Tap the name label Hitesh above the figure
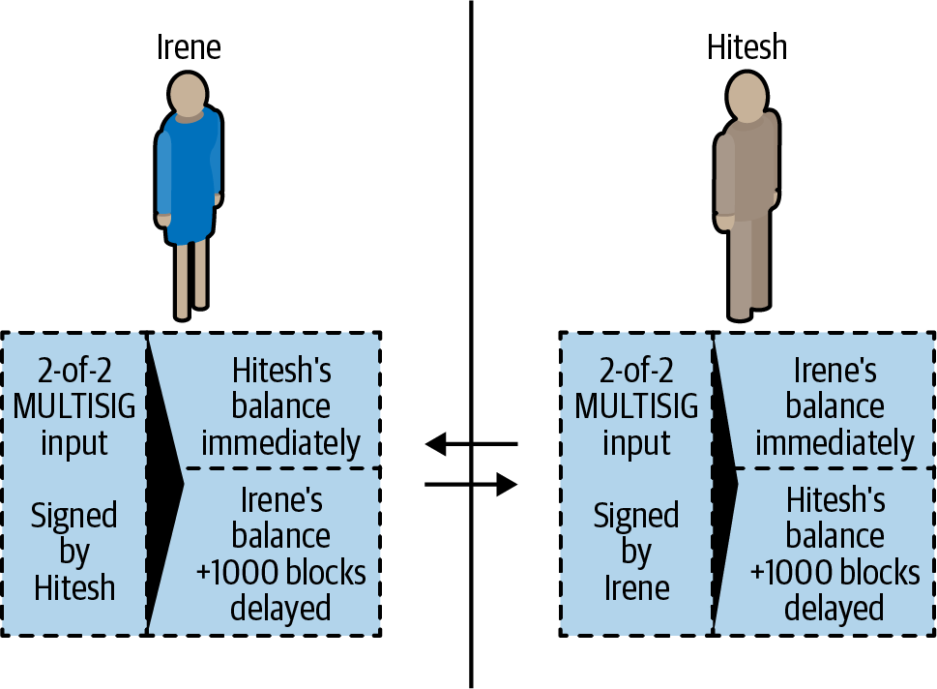pos(747,46)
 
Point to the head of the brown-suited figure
pos(747,95)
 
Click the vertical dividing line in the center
pos(471,242)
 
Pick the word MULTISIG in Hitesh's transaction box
pos(636,407)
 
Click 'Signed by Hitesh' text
pos(73,552)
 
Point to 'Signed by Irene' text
pos(636,552)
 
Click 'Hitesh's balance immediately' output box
pos(280,406)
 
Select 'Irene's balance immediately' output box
pos(835,406)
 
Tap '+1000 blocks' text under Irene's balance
pos(280,573)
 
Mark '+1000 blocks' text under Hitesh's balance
pos(835,573)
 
